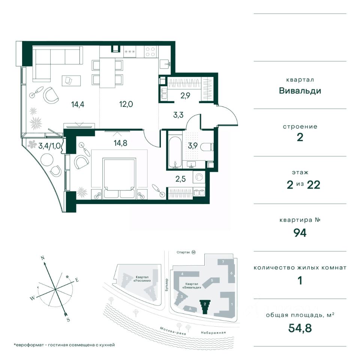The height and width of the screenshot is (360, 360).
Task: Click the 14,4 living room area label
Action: coord(78,105)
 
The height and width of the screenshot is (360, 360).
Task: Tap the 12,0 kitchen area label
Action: coord(126,104)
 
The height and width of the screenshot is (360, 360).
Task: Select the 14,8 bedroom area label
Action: coord(120,143)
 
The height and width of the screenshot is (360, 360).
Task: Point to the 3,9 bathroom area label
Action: coord(193,145)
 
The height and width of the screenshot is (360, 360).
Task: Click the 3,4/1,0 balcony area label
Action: coord(49,146)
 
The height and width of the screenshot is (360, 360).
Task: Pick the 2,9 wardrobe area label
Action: coord(185,95)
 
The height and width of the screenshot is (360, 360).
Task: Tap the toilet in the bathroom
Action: coord(207,147)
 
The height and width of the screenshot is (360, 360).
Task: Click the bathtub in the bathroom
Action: coord(175,150)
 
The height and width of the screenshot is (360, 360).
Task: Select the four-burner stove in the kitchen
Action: coord(151,52)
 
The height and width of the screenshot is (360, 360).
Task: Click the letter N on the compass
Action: coord(42,258)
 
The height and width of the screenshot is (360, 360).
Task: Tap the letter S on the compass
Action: coord(68,319)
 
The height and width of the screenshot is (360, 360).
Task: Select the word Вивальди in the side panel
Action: coord(300,91)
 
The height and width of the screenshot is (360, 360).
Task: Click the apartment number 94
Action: coord(300,233)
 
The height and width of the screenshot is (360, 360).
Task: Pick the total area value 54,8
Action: coord(300,328)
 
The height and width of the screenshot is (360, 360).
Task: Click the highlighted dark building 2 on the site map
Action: coord(205,306)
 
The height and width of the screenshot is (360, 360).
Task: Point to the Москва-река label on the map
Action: coord(172,331)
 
